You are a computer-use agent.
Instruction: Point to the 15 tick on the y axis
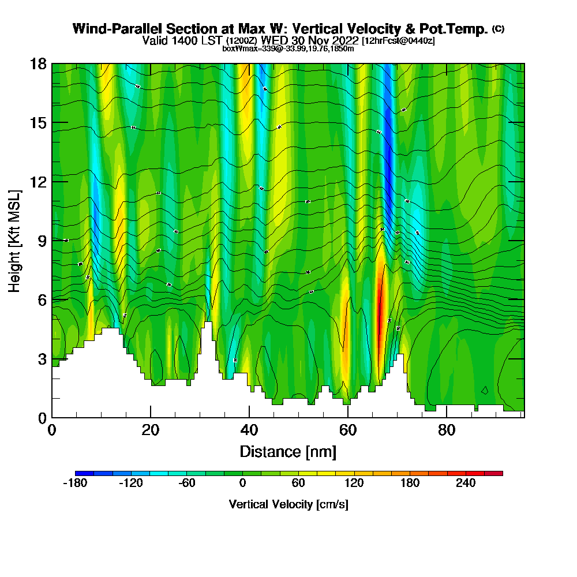(x=38, y=123)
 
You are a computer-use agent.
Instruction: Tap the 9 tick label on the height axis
(x=42, y=241)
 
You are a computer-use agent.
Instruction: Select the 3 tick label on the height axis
(x=42, y=359)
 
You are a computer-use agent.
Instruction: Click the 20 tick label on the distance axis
(x=151, y=430)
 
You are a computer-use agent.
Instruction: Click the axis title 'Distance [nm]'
(x=288, y=451)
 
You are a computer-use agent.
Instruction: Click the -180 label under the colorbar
(x=74, y=484)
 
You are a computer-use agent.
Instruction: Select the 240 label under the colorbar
(x=466, y=484)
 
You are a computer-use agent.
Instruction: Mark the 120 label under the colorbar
(x=354, y=484)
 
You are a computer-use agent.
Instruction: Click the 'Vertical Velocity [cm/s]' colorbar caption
(x=288, y=504)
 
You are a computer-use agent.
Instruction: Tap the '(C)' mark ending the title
(x=498, y=28)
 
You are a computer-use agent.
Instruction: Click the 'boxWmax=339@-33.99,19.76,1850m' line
(x=288, y=48)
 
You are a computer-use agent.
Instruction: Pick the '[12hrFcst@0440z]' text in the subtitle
(x=398, y=41)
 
